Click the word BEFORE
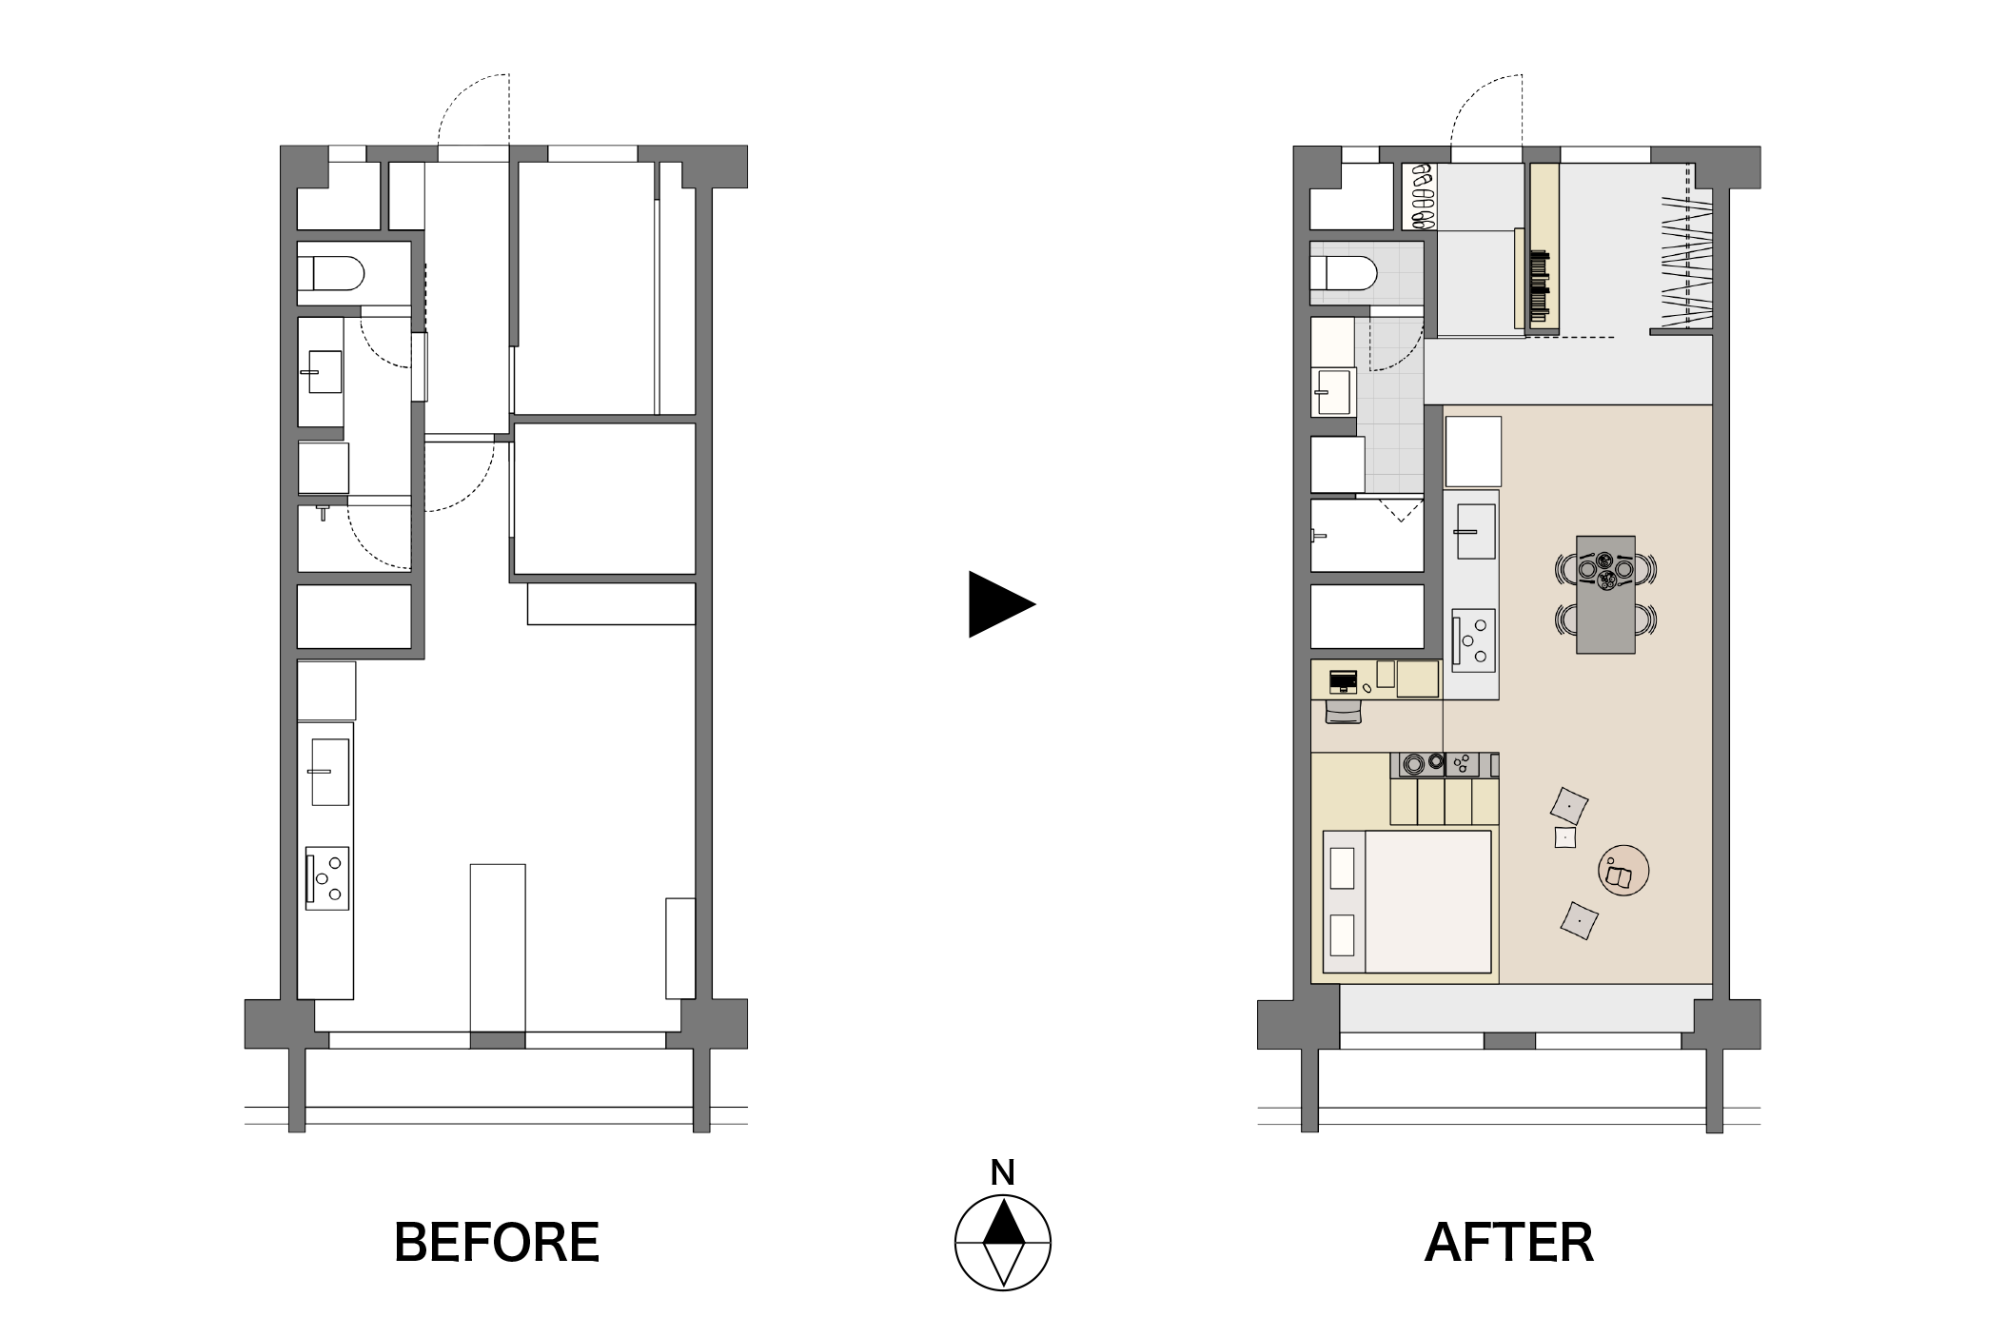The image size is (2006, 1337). (x=497, y=1242)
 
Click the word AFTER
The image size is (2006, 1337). (x=1509, y=1242)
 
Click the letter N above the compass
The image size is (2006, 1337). (x=1002, y=1172)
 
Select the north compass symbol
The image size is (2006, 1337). (x=1003, y=1242)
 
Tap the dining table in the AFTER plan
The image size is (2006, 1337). (x=1605, y=594)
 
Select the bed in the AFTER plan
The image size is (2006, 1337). (x=1406, y=901)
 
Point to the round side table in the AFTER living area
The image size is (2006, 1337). (x=1623, y=870)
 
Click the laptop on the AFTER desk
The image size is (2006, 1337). (x=1343, y=681)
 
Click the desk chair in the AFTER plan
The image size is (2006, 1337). (x=1344, y=711)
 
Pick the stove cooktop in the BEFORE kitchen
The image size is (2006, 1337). (x=327, y=878)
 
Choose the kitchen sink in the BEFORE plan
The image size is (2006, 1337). (x=330, y=771)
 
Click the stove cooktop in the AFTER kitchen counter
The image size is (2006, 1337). (x=1473, y=640)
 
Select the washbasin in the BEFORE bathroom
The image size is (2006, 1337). (x=324, y=372)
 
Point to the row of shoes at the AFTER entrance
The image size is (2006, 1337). (x=1422, y=196)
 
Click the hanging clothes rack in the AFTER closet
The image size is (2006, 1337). (x=1687, y=260)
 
